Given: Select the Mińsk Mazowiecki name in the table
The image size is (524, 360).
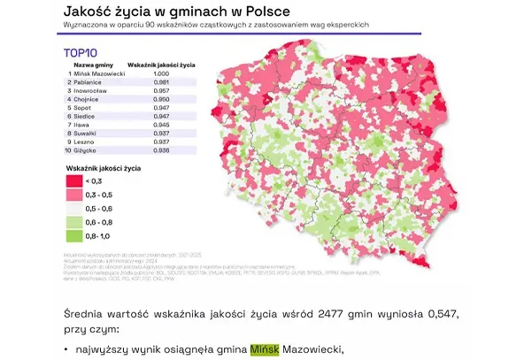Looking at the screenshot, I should click(x=99, y=74).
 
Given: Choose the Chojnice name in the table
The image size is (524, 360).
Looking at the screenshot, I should click(x=89, y=99).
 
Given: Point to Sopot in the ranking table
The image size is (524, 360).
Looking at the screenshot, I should click(x=86, y=108).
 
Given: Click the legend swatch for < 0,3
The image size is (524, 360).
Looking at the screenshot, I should click(x=73, y=180).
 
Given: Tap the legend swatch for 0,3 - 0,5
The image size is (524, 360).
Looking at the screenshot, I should click(x=73, y=193).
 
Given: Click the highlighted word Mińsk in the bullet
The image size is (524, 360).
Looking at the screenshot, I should click(x=265, y=349).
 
